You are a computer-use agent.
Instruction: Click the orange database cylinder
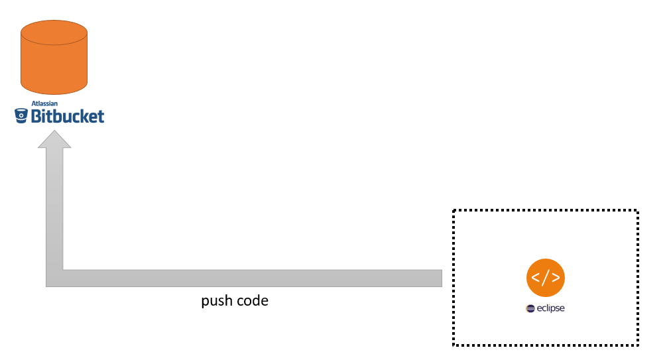click(54, 63)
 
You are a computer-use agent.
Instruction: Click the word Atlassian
click(44, 103)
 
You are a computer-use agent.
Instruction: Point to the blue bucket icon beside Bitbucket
click(21, 117)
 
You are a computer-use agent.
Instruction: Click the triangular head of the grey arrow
click(54, 139)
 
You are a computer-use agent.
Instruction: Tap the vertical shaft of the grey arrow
click(54, 206)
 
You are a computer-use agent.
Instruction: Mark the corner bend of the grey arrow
click(55, 278)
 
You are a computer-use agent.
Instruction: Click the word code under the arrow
click(253, 300)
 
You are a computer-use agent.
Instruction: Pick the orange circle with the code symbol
click(546, 276)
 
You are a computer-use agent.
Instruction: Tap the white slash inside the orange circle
click(546, 277)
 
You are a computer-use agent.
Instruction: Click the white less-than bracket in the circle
click(536, 277)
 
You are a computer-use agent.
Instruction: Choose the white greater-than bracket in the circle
click(556, 277)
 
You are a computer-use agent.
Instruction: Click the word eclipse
click(550, 308)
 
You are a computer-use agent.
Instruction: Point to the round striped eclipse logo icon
click(530, 308)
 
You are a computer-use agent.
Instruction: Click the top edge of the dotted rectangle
click(545, 211)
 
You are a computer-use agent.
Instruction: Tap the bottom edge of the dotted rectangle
click(545, 345)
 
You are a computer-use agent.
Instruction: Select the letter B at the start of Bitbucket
click(36, 117)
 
